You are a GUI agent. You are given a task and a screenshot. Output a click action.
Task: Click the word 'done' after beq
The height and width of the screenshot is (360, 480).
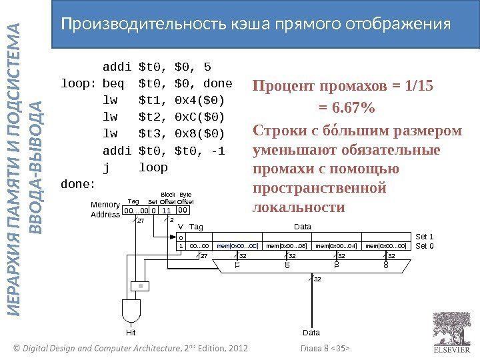click(218, 84)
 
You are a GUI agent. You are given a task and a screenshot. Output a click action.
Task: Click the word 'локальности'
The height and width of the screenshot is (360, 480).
click(300, 207)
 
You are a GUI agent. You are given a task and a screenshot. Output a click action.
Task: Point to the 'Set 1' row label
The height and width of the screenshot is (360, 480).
click(425, 237)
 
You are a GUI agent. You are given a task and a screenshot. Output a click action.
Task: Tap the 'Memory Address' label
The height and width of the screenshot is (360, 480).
click(105, 209)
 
